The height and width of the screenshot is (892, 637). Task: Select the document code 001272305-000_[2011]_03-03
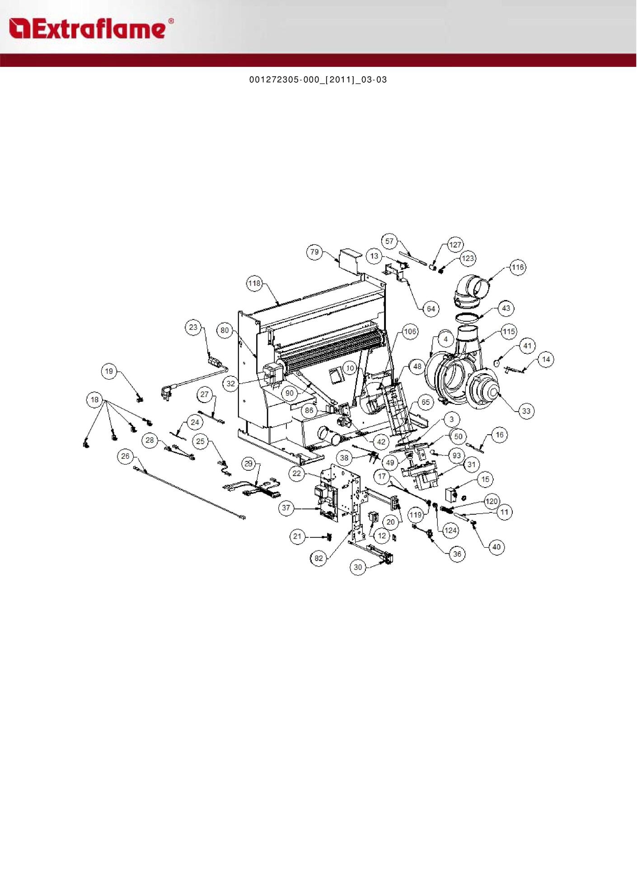[318, 80]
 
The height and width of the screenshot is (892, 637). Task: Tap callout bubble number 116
[517, 267]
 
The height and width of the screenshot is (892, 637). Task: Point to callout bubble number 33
[526, 411]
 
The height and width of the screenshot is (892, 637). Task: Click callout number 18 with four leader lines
[94, 399]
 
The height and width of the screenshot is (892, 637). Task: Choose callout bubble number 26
[125, 456]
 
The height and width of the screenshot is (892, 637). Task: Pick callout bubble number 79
[314, 252]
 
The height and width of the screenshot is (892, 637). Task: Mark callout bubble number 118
[254, 283]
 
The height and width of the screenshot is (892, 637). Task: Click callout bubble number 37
[286, 507]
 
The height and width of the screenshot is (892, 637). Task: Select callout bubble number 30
[358, 567]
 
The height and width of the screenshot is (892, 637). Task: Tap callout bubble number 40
[496, 547]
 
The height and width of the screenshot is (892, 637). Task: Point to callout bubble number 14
[546, 359]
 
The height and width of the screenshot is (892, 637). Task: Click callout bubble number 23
[193, 327]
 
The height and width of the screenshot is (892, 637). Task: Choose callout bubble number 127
[455, 244]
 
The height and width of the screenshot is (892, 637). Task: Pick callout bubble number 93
[457, 455]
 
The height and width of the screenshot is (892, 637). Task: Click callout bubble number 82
[319, 558]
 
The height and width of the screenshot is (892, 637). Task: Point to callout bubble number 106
[410, 331]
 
